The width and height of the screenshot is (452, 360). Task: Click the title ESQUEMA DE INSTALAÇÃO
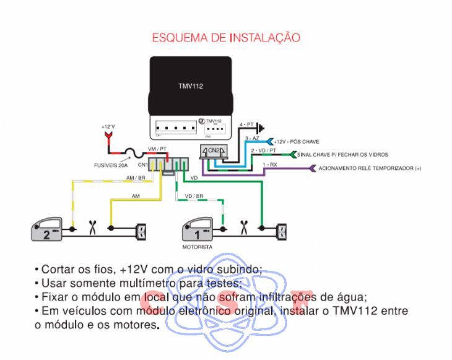(x=226, y=38)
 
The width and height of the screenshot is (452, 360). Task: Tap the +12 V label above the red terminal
(x=109, y=126)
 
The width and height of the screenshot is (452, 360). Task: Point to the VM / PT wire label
(x=157, y=149)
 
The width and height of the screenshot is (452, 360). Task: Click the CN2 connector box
(x=213, y=151)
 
